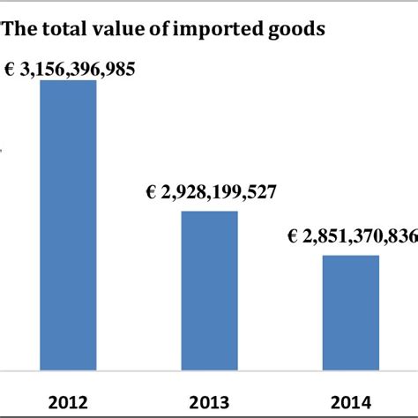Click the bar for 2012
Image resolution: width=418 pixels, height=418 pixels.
[69, 225]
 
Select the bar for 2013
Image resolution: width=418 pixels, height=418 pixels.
[209, 290]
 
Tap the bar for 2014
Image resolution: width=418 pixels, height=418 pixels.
[350, 312]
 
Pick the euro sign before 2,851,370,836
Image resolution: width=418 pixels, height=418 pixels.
[292, 237]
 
